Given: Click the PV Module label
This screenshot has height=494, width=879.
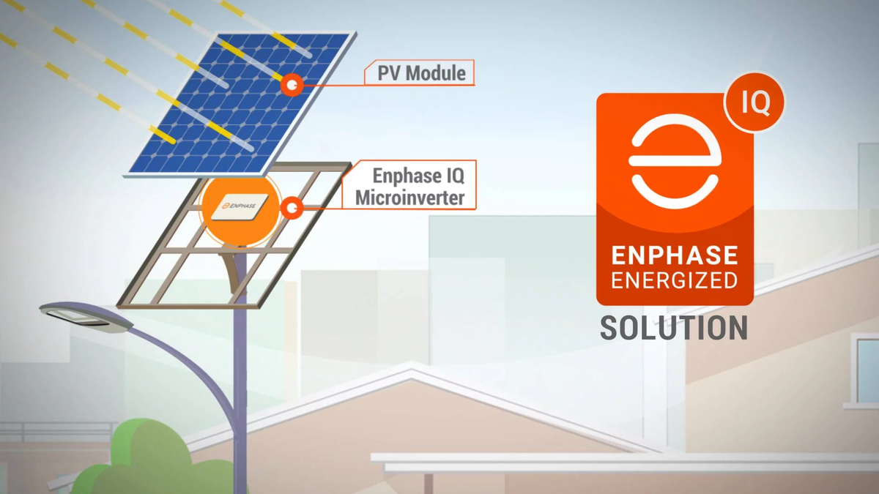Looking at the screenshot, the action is pos(421,73).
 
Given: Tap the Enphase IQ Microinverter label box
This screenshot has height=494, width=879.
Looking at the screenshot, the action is pos(409,186).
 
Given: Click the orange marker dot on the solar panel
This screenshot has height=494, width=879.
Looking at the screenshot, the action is pos(292,86).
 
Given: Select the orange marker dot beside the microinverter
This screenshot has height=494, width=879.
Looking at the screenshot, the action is pos(292,209).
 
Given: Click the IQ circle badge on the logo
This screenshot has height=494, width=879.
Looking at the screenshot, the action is pos(754,102).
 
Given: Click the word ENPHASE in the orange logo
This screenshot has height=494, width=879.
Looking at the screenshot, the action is pos(675,255).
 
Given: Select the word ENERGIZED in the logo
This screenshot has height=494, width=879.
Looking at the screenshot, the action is pos(675,280).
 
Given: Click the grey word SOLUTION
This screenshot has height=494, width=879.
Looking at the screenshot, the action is pos(674,328).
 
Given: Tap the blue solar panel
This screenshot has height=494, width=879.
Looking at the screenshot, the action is pos(234,102).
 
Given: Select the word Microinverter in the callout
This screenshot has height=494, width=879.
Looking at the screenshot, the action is pos(409,197).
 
